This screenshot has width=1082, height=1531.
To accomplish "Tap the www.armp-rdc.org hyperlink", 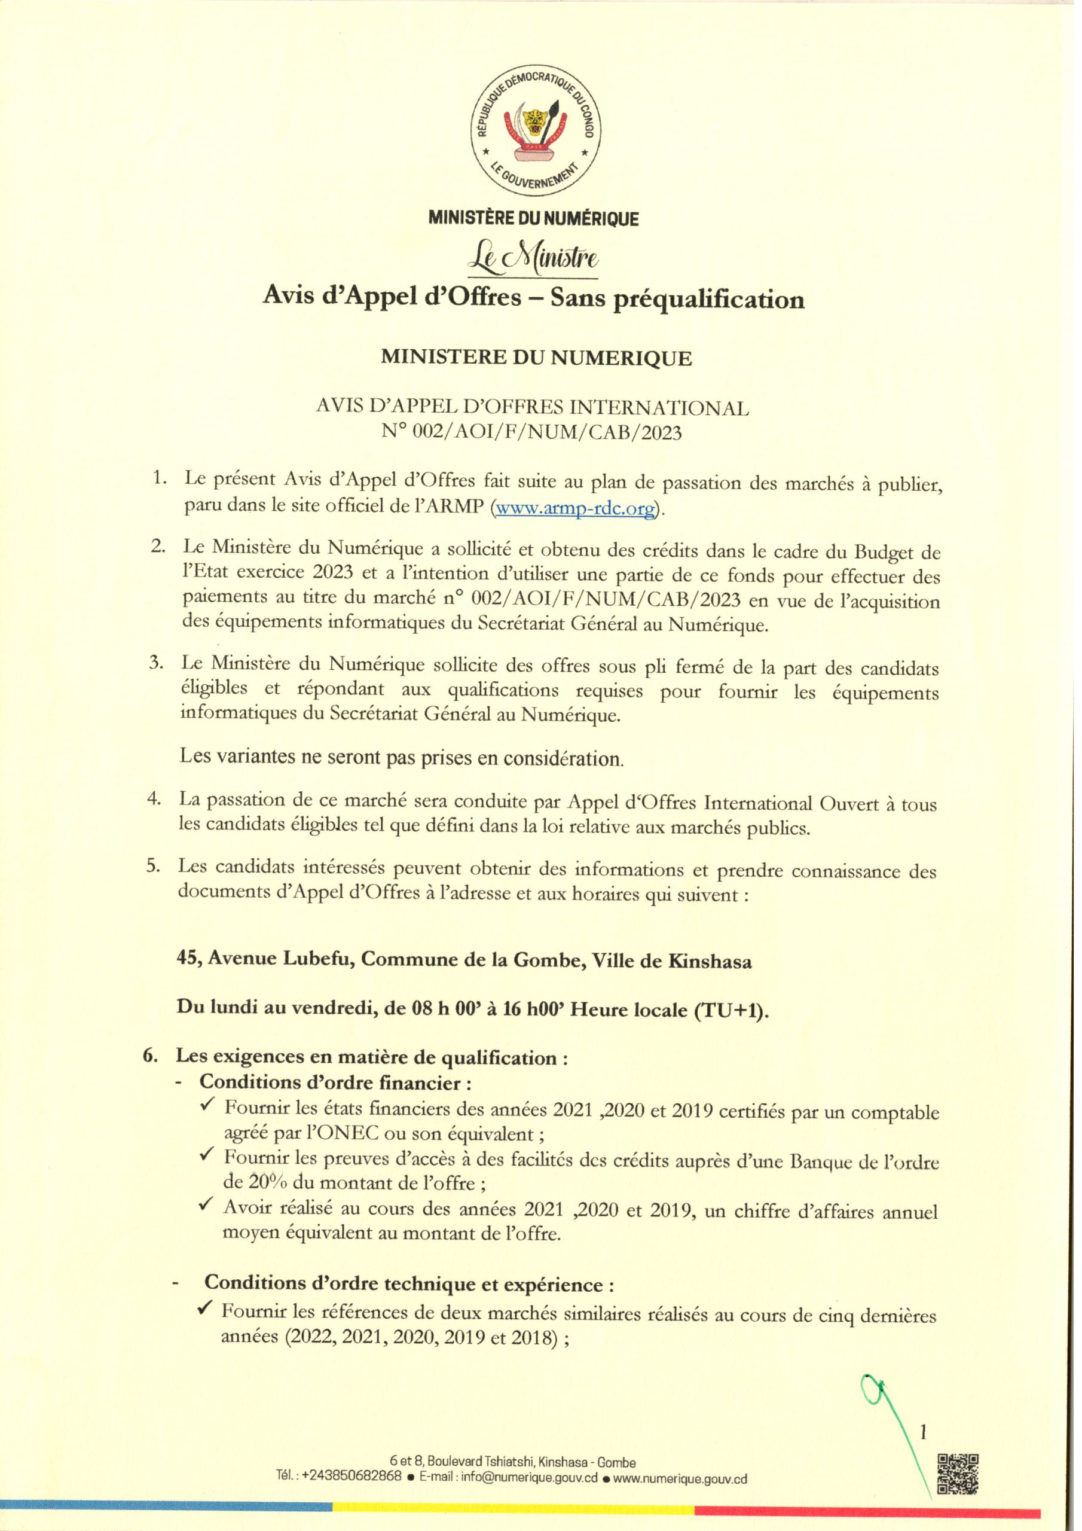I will point(574,508).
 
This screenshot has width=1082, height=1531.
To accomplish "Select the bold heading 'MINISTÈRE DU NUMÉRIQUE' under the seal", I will point(533,218).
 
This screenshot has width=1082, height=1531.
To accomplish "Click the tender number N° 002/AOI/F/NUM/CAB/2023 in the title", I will point(532,433).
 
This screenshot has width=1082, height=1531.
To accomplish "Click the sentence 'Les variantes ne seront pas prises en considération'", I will point(401,758).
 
